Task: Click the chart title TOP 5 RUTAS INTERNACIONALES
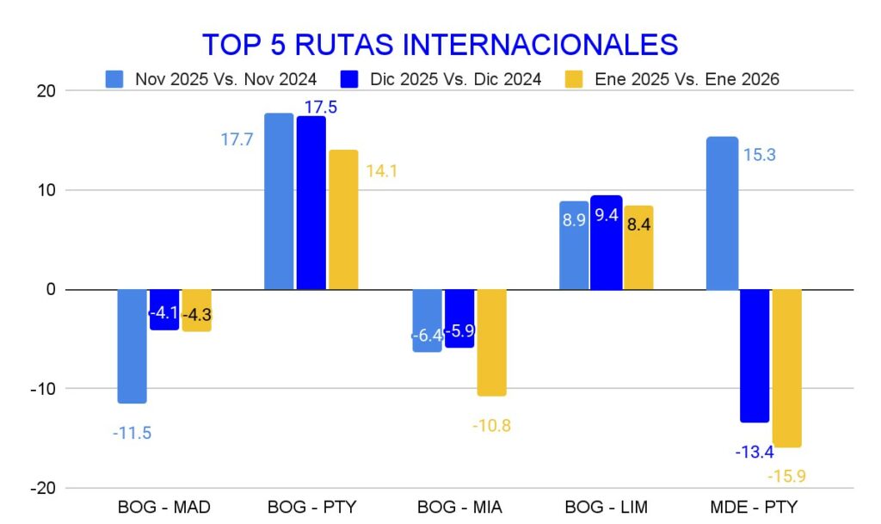(440, 45)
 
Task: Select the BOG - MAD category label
(163, 507)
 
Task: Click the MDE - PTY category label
(754, 507)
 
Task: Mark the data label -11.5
(132, 433)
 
